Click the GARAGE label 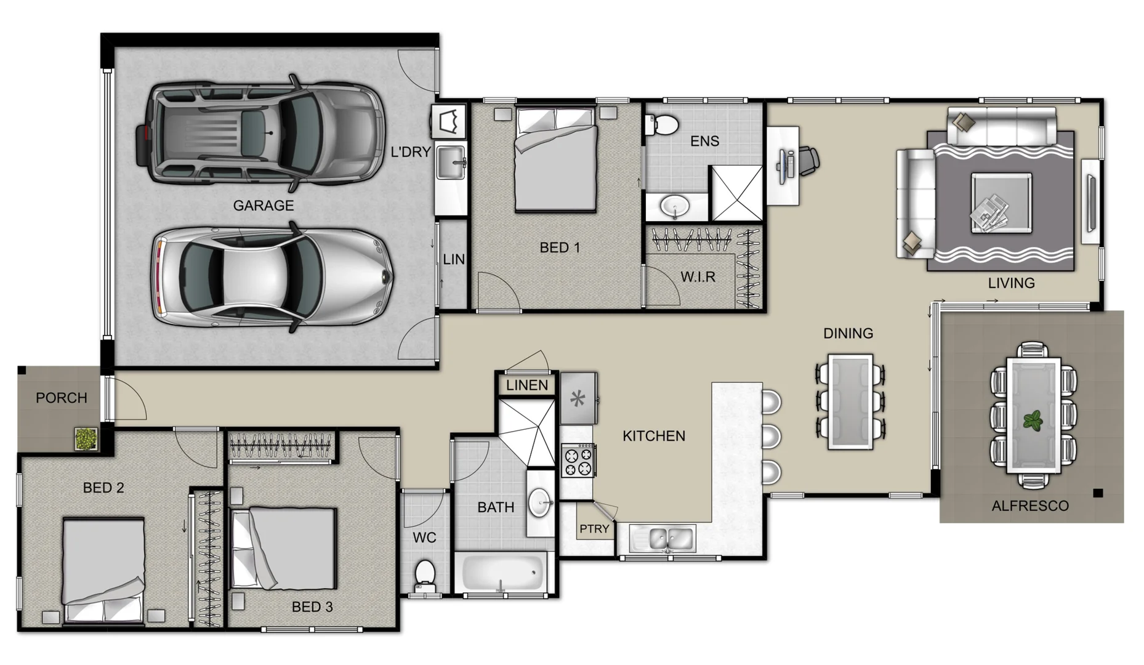point(263,206)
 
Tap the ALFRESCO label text point(1029,506)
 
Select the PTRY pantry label point(594,529)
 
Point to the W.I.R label point(698,277)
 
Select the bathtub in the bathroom point(501,573)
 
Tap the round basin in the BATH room point(541,502)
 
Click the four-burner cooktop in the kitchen point(578,461)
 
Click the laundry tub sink point(450,162)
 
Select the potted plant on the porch point(86,438)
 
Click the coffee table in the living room point(1001,203)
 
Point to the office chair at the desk point(807,159)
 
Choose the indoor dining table point(850,401)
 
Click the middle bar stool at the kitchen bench point(771,436)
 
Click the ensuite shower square point(736,193)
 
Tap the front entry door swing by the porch point(127,399)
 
